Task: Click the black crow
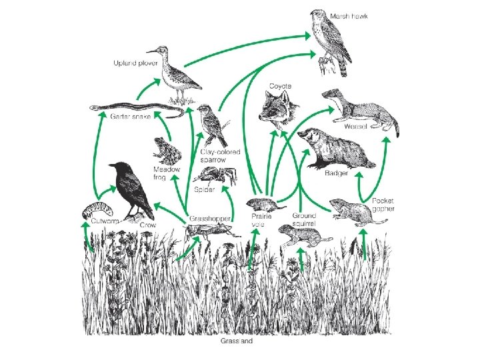(x=129, y=189)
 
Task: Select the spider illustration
(x=215, y=175)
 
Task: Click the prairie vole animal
(x=263, y=203)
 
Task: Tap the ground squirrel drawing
(x=301, y=235)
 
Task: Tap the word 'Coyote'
(x=280, y=86)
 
